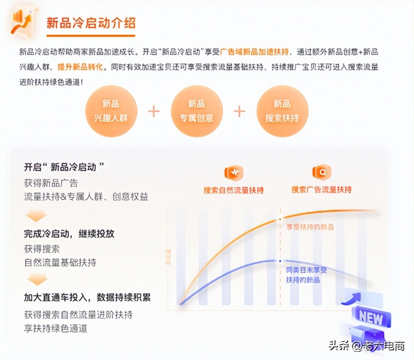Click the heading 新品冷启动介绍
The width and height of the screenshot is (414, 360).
[x=91, y=23]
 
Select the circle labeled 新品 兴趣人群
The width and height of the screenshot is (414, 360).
[x=111, y=111]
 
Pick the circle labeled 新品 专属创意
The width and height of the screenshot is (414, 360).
[x=196, y=111]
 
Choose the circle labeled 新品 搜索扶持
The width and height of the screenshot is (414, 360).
[x=282, y=111]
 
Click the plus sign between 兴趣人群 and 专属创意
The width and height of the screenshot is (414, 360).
[x=154, y=111]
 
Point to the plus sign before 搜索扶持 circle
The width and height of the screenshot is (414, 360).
[x=239, y=111]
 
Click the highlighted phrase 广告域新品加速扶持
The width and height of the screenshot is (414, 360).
[x=254, y=52]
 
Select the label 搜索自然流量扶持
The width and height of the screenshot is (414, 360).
[x=234, y=190]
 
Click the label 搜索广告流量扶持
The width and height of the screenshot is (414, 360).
[x=321, y=190]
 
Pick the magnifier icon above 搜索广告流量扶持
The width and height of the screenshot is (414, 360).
[x=322, y=173]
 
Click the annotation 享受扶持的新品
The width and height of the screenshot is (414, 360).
[x=310, y=227]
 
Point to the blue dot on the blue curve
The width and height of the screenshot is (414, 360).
[x=280, y=261]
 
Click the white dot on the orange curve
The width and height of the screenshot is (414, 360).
[x=280, y=219]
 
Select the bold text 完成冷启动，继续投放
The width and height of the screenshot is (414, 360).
[x=69, y=234]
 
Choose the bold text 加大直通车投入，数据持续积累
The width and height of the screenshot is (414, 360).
[x=87, y=297]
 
